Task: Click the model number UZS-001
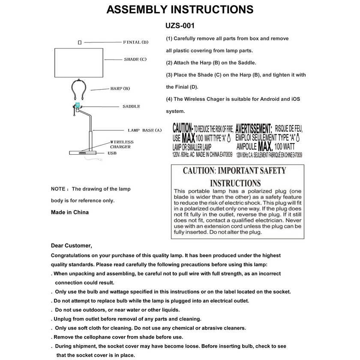point(180,26)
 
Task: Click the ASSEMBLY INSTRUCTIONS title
point(180,9)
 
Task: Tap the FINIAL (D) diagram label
point(135,42)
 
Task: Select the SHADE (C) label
point(135,59)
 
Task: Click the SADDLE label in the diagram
point(131,106)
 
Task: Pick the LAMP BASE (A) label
point(144,130)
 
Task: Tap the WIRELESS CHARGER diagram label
point(122,144)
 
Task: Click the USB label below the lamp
point(112,153)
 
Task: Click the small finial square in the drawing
point(80,42)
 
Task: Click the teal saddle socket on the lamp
point(78,106)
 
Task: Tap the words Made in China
point(70,212)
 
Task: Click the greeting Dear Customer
point(71,246)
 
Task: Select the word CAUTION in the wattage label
point(182,128)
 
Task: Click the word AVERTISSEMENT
point(254,128)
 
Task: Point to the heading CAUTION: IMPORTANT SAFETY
point(234,171)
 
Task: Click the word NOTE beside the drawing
point(58,189)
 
